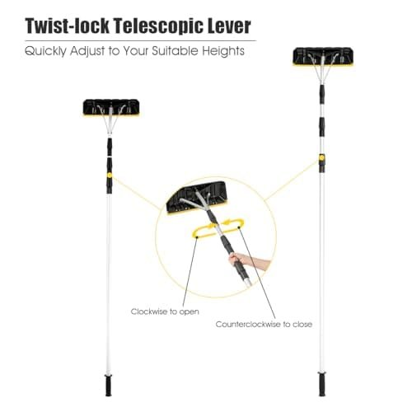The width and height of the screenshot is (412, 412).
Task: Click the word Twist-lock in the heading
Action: (x=68, y=26)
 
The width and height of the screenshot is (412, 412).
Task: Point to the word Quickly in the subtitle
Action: (x=45, y=51)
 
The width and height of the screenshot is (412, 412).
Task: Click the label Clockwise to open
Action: (x=165, y=311)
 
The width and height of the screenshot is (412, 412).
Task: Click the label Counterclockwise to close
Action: (x=264, y=325)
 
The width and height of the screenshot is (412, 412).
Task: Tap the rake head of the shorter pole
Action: (x=111, y=107)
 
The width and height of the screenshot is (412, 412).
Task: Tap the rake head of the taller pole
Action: (x=323, y=57)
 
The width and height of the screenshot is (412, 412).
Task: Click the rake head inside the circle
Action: (x=197, y=198)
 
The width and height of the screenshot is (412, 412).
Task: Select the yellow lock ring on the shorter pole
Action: (x=110, y=175)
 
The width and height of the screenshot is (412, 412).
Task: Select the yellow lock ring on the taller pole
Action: (x=321, y=157)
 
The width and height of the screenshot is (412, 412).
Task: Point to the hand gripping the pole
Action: (x=249, y=260)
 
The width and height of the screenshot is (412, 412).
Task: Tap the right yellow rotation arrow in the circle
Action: (x=232, y=223)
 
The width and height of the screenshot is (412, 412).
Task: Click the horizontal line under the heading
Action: (x=140, y=40)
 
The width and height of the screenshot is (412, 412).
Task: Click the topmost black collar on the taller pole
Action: (x=321, y=90)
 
